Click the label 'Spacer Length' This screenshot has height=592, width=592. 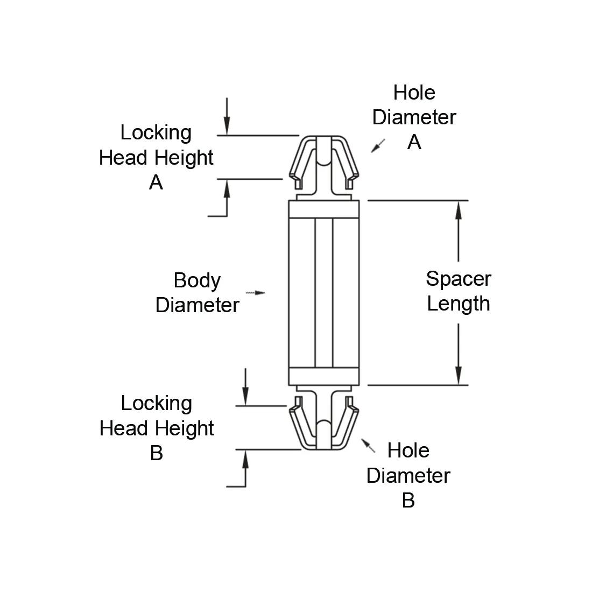pos(458,291)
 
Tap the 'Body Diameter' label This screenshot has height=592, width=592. pos(197,293)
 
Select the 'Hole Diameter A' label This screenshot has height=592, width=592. pos(414,117)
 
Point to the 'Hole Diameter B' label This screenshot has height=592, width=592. pos(408,475)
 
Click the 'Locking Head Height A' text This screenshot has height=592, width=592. pos(156,157)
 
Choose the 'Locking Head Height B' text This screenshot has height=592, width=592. pos(157,428)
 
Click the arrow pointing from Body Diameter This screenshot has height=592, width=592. pos(256,292)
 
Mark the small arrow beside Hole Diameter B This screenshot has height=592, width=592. pos(368,445)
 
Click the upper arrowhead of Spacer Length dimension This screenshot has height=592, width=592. pos(459,210)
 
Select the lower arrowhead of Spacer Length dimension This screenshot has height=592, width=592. pos(459,376)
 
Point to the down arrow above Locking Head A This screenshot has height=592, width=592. pos(227,126)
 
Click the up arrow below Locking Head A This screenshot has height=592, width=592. pos(227,188)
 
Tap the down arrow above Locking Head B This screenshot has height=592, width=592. pos(245,397)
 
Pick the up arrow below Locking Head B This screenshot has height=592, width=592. pos(245,459)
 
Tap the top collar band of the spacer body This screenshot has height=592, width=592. pos(323,209)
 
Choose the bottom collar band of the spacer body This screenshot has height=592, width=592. pos(323,377)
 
